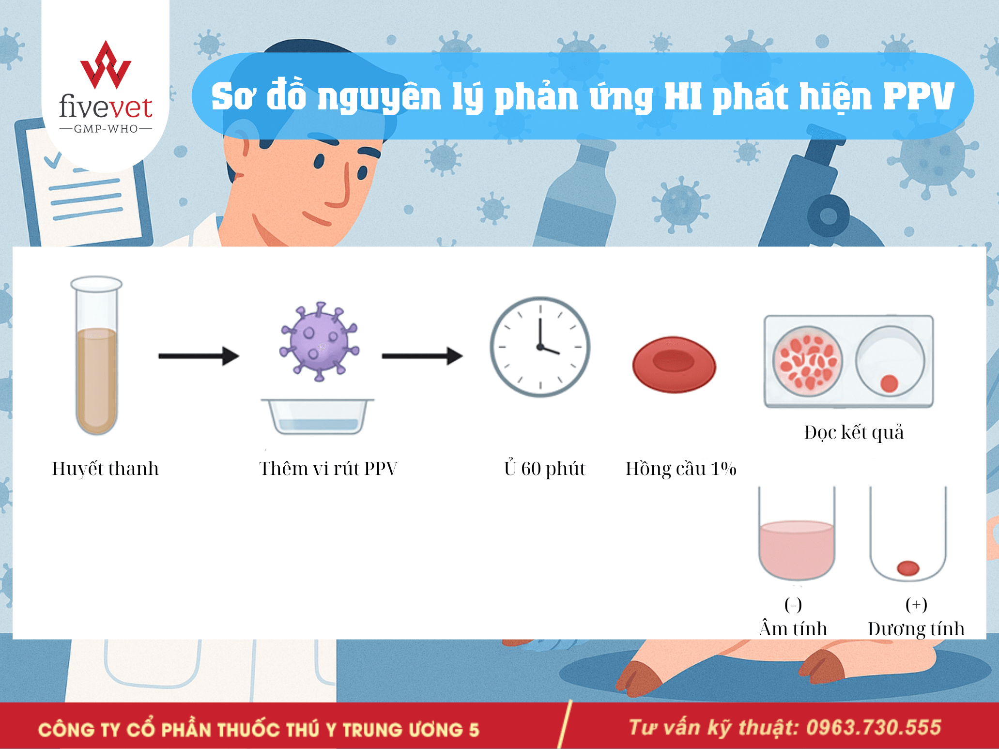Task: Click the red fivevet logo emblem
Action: pos(106,65)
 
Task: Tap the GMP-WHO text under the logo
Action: pos(106,129)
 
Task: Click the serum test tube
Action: pos(96,356)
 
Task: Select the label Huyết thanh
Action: pos(106,469)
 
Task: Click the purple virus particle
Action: pos(319,342)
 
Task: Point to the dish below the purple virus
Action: pos(318,416)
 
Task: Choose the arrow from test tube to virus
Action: pos(199,356)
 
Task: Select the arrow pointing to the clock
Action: pos(422,356)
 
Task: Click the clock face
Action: pos(540,347)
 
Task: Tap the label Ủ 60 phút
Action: pos(544,468)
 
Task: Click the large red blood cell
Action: pos(674,365)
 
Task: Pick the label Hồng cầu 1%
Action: pos(681,469)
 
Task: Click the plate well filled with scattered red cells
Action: pos(807,361)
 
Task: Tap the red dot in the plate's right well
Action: pos(889,383)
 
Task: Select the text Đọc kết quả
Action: pos(854,432)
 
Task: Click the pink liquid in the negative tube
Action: pos(797,550)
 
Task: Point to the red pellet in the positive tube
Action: pos(908,568)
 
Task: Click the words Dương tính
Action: pos(916,628)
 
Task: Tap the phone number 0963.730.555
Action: pos(874,728)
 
